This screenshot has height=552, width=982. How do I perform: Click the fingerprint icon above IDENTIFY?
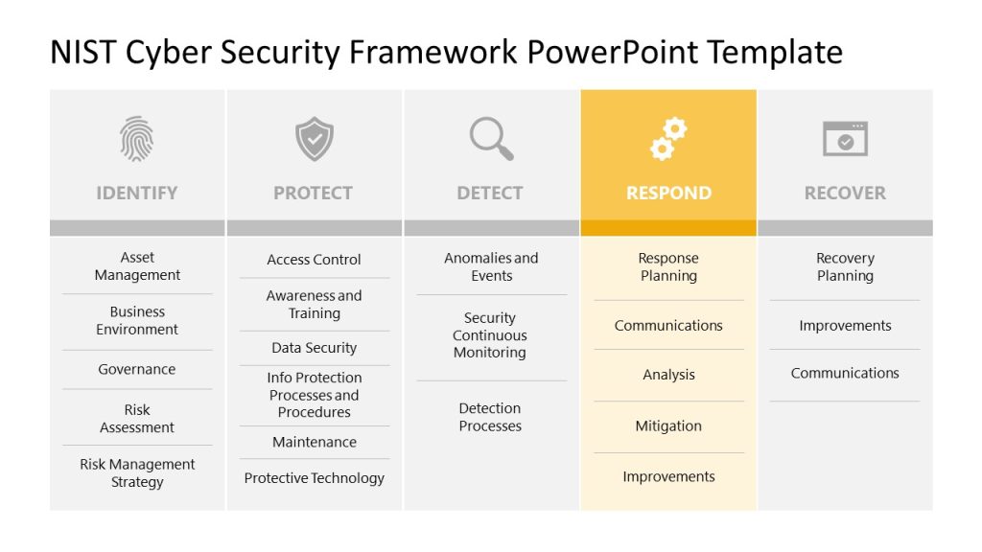point(136,139)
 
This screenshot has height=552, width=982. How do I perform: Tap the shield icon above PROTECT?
point(314,139)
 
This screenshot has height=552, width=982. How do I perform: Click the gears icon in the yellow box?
point(668,139)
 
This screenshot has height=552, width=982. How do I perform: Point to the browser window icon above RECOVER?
point(845,139)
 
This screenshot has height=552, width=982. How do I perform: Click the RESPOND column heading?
point(668,193)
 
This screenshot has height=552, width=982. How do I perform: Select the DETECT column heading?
point(490,193)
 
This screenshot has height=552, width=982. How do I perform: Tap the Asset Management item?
point(137,266)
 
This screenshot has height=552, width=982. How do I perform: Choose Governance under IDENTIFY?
point(137,369)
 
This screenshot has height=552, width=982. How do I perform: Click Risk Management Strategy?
point(137,473)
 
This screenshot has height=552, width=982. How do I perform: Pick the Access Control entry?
point(314,260)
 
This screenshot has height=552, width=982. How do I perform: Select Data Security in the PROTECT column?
point(314,348)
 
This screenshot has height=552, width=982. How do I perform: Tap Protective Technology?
point(314,478)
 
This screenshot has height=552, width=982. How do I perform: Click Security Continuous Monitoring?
point(490,335)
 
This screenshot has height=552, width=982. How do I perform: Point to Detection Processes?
point(490,417)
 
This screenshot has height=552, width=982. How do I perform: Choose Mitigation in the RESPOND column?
point(668,426)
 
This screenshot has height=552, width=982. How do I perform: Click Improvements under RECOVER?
point(845,326)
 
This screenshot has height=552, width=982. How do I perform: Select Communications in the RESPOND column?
point(668,326)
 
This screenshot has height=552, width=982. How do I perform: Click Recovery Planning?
point(845,267)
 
